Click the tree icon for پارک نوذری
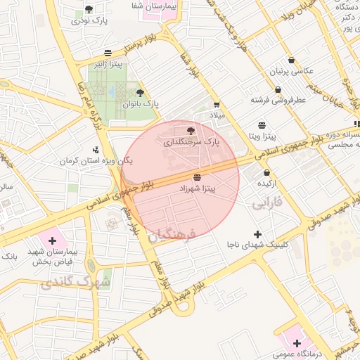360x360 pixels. [x=89, y=9]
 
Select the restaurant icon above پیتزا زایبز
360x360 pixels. [x=108, y=53]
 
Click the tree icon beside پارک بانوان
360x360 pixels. [x=140, y=93]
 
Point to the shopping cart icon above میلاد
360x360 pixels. [x=217, y=104]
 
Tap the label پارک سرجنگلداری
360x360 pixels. [x=191, y=141]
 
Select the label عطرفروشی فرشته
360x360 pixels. [x=279, y=100]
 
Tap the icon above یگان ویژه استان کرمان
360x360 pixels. [x=96, y=149]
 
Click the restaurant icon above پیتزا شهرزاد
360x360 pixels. [x=197, y=177]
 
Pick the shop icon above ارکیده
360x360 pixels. [x=266, y=172]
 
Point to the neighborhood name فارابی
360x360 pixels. [x=267, y=204]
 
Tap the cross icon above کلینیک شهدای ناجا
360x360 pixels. [x=257, y=233]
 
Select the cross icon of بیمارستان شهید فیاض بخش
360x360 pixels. [x=52, y=240]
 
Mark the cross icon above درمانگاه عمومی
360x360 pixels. [x=297, y=343]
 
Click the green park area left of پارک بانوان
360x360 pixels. [x=105, y=91]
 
